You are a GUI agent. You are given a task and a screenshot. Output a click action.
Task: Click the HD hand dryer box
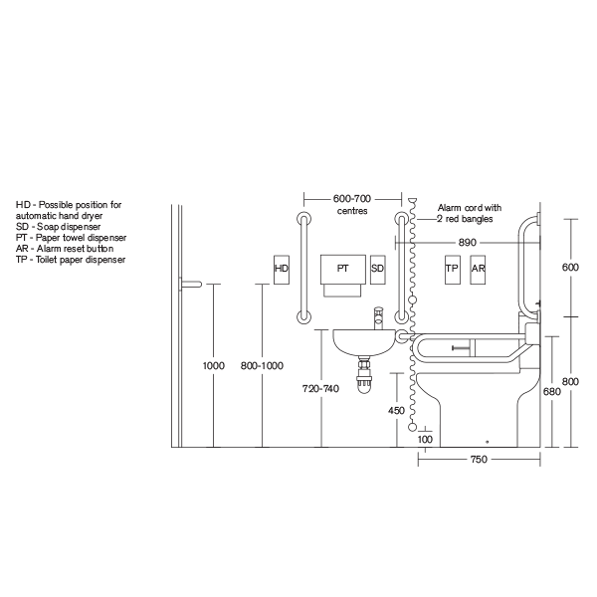point(282,269)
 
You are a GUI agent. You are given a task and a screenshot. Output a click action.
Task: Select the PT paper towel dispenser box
point(343,270)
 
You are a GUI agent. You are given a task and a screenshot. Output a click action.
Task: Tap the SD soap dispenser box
point(378,269)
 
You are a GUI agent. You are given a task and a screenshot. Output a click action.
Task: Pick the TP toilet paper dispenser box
point(452,269)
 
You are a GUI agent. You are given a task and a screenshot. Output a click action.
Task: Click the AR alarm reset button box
point(479,269)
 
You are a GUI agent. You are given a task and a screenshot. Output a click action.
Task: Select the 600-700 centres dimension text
point(353,204)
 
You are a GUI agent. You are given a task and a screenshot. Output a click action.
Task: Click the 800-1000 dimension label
point(262,366)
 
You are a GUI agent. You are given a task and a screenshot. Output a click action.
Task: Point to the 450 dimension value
point(396,410)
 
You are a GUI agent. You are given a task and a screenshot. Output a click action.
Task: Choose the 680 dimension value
point(553,392)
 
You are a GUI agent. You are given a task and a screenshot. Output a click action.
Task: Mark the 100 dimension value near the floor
point(426,439)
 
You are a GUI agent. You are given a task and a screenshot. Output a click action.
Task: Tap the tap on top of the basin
point(377,317)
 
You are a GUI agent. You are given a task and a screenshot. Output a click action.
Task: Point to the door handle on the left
point(190,285)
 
